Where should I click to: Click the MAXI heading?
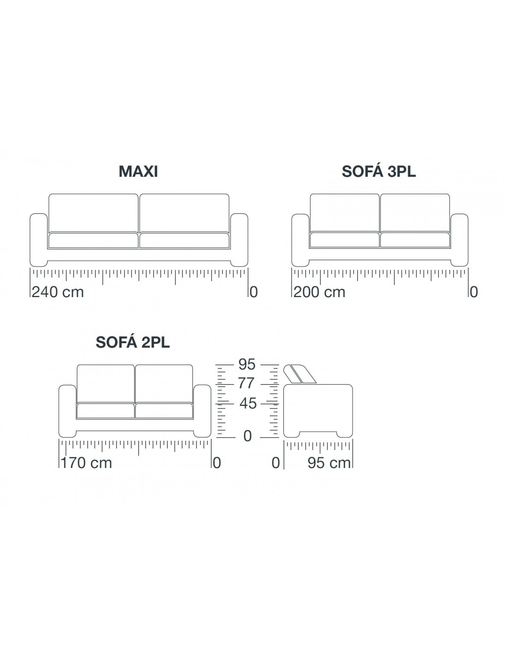click(138, 171)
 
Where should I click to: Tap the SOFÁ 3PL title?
click(378, 171)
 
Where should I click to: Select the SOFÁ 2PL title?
click(133, 342)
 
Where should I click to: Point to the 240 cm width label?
click(58, 292)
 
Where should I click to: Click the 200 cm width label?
click(319, 292)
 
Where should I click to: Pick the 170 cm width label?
click(86, 463)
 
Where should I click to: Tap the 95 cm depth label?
click(329, 463)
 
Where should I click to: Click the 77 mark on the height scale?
click(247, 383)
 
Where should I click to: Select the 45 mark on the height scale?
click(248, 404)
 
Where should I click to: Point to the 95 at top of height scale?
click(247, 364)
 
